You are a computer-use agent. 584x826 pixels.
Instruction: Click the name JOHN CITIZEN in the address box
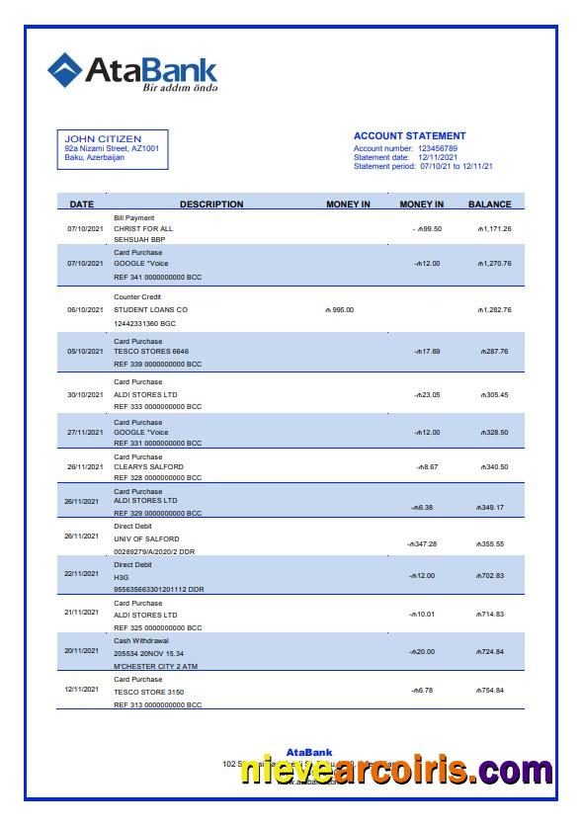[x=103, y=138]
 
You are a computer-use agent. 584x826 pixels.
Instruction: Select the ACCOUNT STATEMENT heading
[x=409, y=136]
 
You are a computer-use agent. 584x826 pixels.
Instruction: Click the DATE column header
[x=82, y=205]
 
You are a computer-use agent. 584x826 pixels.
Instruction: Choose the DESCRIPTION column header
[x=198, y=205]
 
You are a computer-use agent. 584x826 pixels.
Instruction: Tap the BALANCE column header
[x=489, y=205]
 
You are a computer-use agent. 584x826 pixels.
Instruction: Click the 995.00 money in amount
[x=339, y=310]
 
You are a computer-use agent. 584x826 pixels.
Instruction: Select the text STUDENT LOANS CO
[x=150, y=310]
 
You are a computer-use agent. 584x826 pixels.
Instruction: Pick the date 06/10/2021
[x=85, y=310]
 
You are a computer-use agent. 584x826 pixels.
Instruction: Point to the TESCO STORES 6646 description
[x=151, y=351]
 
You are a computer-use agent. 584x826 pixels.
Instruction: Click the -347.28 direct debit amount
[x=422, y=544]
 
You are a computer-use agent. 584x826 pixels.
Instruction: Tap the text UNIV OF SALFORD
[x=146, y=538]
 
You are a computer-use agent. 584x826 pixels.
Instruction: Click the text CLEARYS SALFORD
[x=148, y=466]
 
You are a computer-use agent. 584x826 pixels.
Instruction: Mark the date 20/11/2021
[x=82, y=651]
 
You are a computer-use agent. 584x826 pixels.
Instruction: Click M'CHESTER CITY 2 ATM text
[x=156, y=666]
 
